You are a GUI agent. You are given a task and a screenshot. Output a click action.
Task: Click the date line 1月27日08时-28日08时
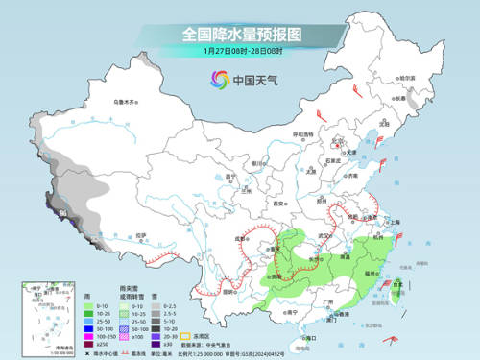239,51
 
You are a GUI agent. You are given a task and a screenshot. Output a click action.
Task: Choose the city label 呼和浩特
302,135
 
